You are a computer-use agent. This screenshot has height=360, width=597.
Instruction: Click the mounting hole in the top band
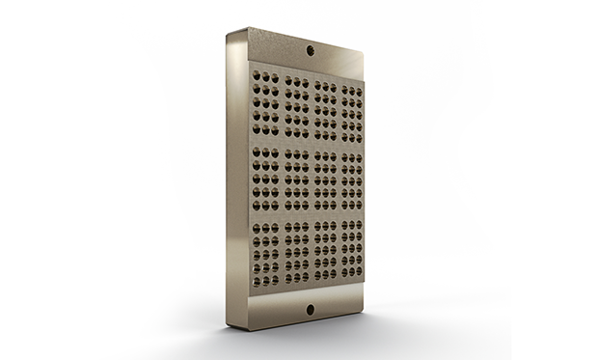point(311,47)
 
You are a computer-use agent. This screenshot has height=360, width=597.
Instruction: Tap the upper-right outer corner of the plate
point(366,53)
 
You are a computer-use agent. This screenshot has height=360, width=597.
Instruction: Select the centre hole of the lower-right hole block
point(339,254)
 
